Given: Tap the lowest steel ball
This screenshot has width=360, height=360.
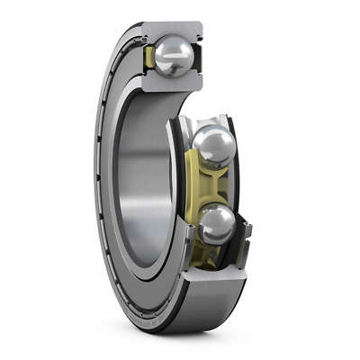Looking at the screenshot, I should coord(216,225).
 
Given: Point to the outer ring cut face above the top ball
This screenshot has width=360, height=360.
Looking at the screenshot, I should coord(171,30).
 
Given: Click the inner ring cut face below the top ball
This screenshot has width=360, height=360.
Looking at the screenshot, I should coord(171,86).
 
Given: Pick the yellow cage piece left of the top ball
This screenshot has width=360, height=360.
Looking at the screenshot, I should coord(149,59).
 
